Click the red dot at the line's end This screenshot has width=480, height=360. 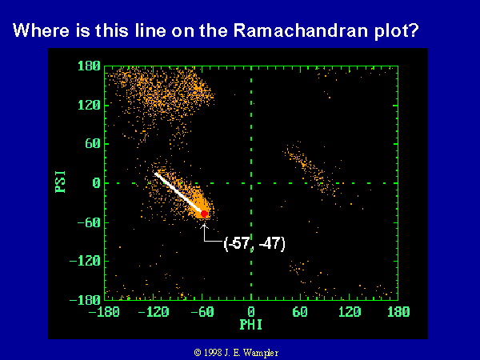[x=204, y=214]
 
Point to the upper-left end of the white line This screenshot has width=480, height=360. [x=156, y=174]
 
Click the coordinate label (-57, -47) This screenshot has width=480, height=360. [x=254, y=244]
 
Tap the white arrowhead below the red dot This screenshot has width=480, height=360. [x=204, y=226]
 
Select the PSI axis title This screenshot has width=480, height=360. [x=60, y=182]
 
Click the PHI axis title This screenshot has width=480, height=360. [x=251, y=325]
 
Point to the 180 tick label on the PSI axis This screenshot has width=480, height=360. [x=89, y=66]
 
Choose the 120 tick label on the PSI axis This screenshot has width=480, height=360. [x=89, y=105]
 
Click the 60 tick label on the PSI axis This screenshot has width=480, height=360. [x=93, y=143]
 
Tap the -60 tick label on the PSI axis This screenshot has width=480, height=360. [x=89, y=222]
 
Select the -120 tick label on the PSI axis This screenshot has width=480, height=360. [x=85, y=261]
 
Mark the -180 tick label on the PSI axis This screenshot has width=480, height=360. [x=85, y=300]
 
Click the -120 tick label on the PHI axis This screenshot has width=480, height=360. [x=154, y=312]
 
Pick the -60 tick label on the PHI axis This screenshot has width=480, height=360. [x=202, y=312]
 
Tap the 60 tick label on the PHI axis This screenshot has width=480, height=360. [x=300, y=312]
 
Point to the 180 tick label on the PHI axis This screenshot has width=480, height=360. [x=398, y=312]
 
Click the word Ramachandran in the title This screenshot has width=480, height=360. [x=301, y=30]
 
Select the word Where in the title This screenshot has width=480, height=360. [x=41, y=30]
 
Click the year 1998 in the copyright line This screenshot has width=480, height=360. [x=212, y=353]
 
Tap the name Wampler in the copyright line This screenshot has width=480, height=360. [x=261, y=353]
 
